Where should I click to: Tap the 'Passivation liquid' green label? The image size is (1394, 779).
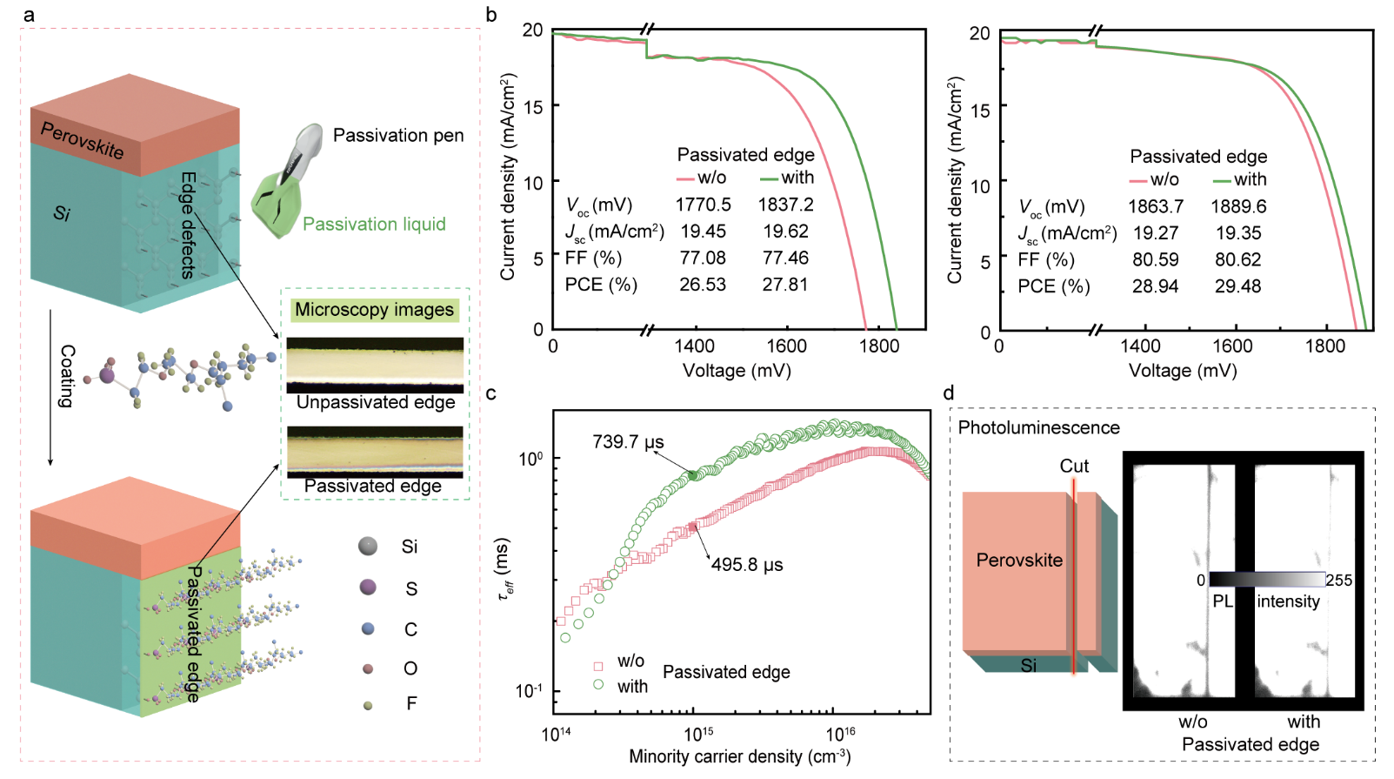click(374, 225)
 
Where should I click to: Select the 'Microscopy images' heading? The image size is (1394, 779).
click(374, 310)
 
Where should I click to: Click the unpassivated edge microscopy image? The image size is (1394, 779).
click(375, 365)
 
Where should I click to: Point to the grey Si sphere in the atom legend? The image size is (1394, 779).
click(368, 547)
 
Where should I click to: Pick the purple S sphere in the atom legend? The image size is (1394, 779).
click(368, 588)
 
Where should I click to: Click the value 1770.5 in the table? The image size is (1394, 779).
click(703, 205)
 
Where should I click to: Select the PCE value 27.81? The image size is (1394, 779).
click(784, 285)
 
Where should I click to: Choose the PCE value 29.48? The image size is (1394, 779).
click(1237, 286)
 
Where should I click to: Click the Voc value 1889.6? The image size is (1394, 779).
click(1238, 207)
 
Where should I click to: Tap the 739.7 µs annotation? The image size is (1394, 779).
click(628, 442)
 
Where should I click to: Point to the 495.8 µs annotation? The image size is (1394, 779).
click(747, 565)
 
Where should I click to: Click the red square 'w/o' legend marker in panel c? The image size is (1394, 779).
click(598, 666)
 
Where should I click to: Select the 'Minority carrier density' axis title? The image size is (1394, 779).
click(739, 756)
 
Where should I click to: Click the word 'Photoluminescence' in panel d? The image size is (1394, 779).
click(1038, 428)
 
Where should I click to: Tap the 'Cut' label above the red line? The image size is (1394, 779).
click(1074, 467)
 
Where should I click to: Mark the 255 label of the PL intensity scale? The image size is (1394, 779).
click(1338, 581)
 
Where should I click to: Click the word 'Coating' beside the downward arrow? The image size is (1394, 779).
click(67, 376)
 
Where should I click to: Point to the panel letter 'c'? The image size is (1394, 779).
click(491, 393)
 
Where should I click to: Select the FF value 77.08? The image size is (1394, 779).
click(703, 259)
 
